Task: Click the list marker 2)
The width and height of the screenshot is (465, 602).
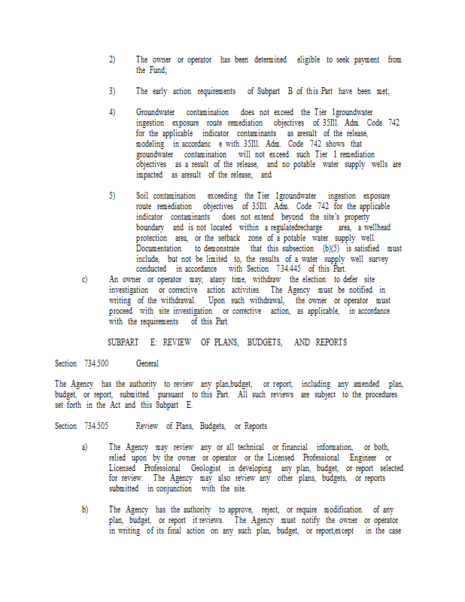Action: click(x=112, y=59)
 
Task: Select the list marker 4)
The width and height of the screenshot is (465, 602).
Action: click(x=112, y=112)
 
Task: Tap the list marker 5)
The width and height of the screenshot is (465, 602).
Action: click(x=112, y=196)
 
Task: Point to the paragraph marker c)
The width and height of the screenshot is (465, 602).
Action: click(x=84, y=279)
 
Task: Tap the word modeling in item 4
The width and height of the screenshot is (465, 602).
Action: click(x=150, y=144)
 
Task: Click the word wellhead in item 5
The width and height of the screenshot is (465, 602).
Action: click(x=375, y=227)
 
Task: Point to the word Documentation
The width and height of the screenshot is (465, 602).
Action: click(x=159, y=248)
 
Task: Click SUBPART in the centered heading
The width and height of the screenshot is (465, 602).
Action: click(x=123, y=342)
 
